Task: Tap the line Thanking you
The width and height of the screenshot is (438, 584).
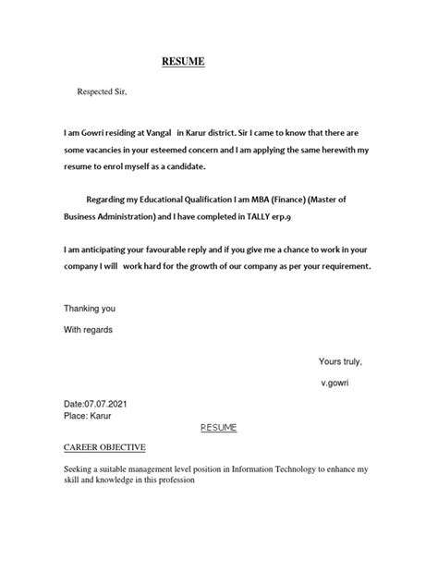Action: (x=90, y=307)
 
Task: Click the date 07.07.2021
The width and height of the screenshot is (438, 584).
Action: (x=110, y=403)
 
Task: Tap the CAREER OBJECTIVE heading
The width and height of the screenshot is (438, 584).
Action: (x=104, y=447)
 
